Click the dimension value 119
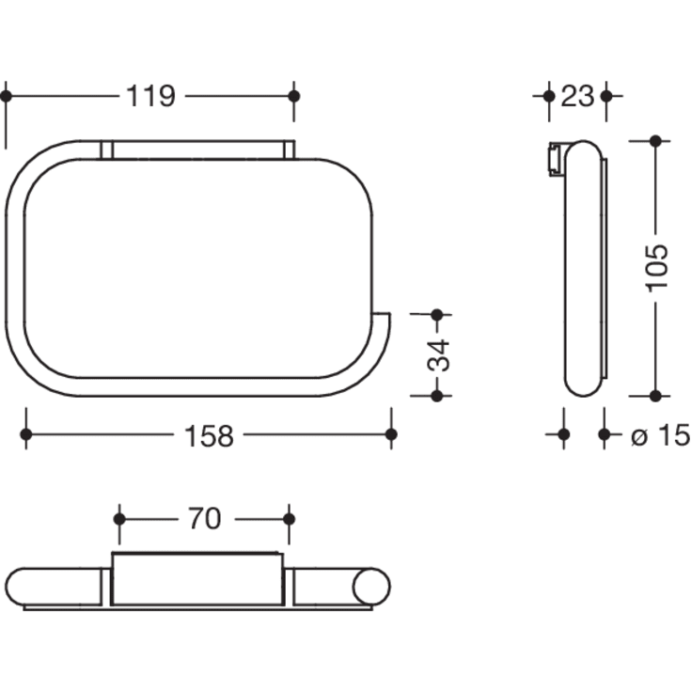[150, 96]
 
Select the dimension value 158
[208, 435]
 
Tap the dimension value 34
[438, 354]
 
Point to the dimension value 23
[577, 96]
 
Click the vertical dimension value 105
[657, 268]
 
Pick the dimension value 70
[204, 519]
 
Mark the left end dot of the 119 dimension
[6, 96]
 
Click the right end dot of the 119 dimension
[293, 96]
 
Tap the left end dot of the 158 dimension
[26, 434]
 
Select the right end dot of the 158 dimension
[391, 434]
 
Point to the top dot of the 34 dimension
[436, 314]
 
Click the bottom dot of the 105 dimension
[655, 396]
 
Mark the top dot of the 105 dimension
[655, 141]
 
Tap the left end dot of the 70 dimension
[119, 519]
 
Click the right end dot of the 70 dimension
[289, 519]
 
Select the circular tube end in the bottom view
[371, 587]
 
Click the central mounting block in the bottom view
[196, 579]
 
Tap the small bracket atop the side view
[555, 158]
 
